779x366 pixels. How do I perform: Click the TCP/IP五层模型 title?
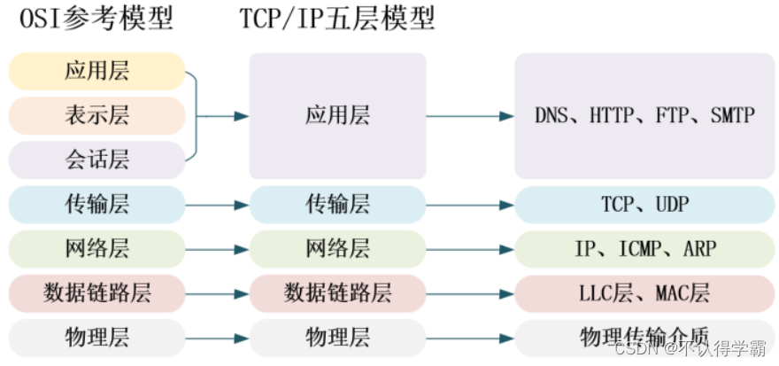[337, 19]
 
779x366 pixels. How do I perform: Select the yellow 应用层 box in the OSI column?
[97, 71]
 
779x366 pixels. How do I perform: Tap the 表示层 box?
[97, 115]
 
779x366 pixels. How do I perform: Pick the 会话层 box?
[97, 160]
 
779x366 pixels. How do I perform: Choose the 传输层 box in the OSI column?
[97, 205]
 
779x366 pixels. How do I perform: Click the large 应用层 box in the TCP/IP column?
[337, 115]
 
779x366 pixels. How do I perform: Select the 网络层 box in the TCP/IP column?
[337, 249]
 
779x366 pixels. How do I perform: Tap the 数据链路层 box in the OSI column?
[97, 292]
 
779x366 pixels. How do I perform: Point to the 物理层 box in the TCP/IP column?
[337, 337]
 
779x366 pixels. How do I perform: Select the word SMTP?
[732, 116]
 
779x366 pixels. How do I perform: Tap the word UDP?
[672, 205]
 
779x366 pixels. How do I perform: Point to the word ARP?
[700, 249]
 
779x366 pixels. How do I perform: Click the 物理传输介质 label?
[644, 337]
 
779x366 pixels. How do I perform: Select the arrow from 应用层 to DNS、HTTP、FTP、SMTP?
[469, 116]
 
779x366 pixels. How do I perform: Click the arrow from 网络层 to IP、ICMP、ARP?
[469, 249]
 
